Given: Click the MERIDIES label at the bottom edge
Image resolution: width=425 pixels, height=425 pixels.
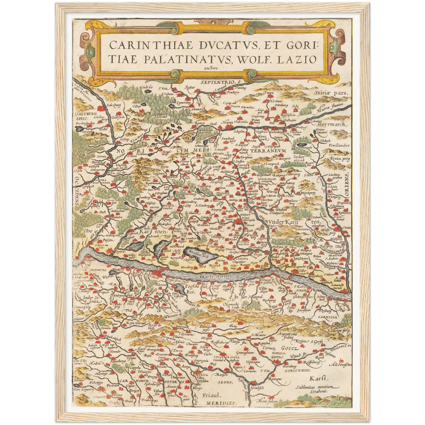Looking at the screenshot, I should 220,403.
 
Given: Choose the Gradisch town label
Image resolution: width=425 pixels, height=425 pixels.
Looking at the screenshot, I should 257,388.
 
